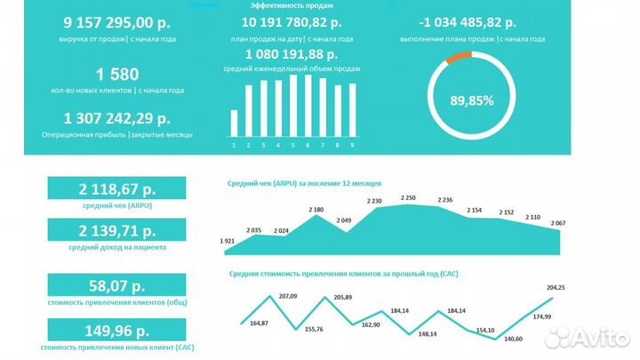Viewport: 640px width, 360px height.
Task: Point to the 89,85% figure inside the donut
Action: point(471,100)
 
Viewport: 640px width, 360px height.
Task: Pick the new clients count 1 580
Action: point(117,75)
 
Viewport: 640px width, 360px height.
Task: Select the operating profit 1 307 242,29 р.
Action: point(117,117)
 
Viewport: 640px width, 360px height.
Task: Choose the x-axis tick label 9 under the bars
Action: point(352,145)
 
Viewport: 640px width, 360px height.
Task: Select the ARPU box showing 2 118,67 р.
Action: point(116,188)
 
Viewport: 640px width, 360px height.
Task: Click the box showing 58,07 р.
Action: point(116,286)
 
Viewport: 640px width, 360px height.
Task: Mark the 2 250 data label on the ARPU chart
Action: point(408,197)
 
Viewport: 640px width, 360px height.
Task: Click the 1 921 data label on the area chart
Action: point(229,241)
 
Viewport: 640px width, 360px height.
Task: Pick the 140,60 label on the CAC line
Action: point(514,339)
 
